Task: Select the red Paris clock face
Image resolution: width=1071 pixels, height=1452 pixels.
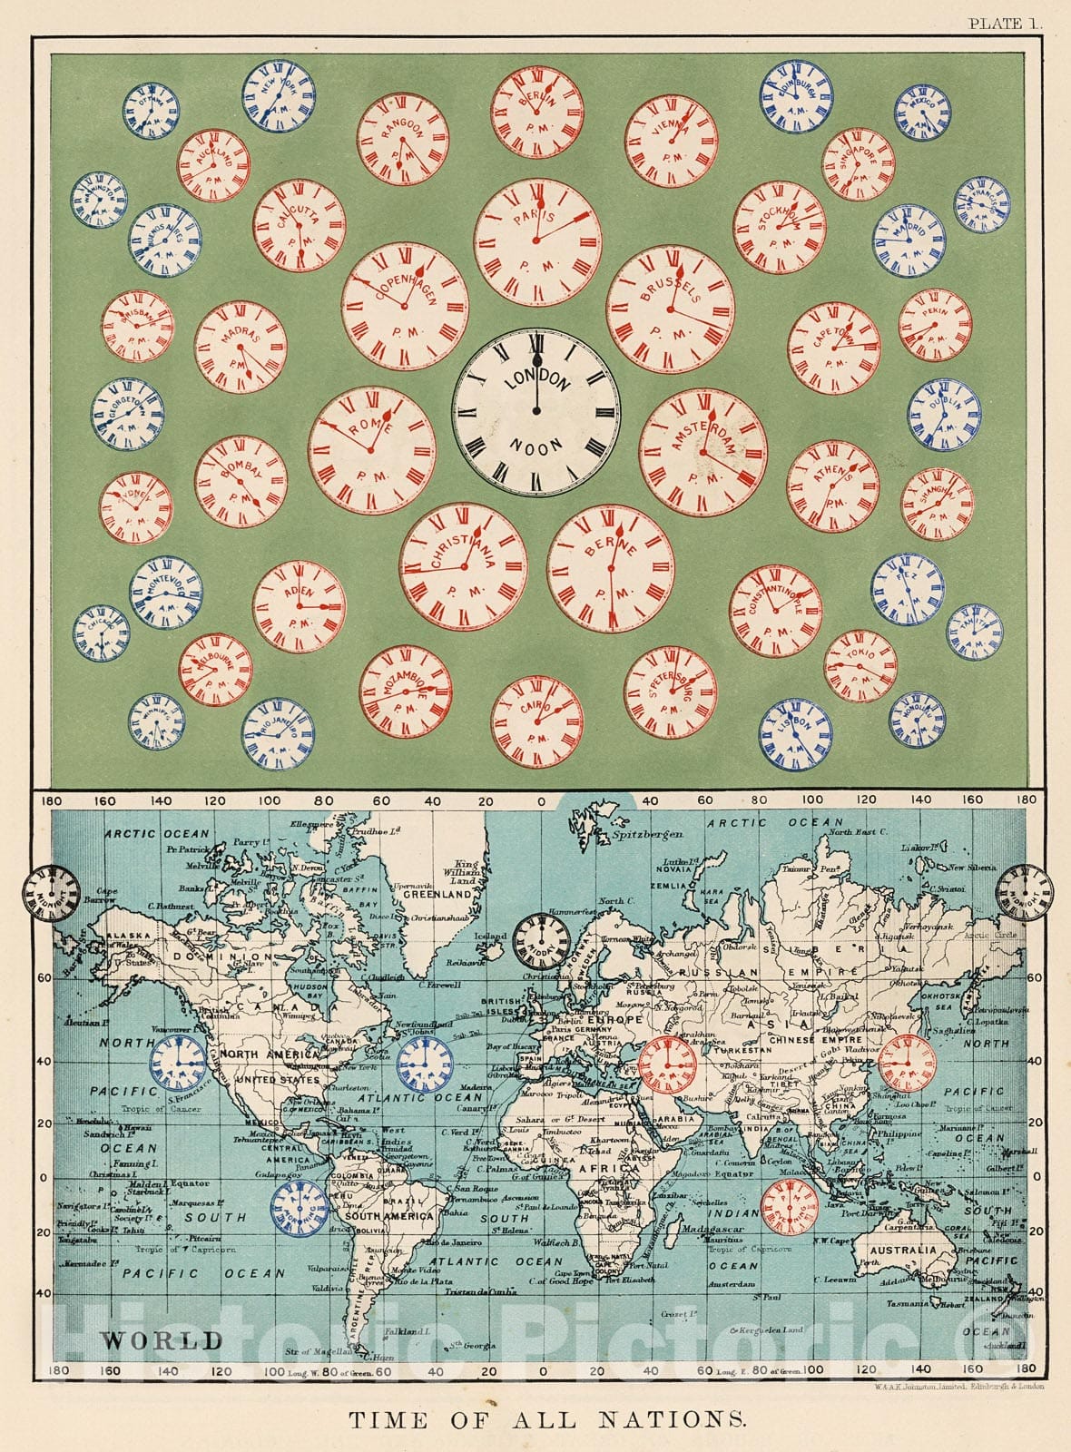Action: [536, 242]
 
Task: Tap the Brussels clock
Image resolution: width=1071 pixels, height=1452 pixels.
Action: [671, 309]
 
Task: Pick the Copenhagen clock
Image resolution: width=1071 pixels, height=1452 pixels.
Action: [405, 306]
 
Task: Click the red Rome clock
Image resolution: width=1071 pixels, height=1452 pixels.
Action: [371, 450]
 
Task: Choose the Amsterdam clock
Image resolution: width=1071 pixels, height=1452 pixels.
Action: [703, 452]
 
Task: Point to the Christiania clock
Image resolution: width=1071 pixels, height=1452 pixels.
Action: [463, 567]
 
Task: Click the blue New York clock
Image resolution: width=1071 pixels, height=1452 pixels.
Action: [279, 96]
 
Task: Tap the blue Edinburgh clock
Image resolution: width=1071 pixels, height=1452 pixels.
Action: [796, 96]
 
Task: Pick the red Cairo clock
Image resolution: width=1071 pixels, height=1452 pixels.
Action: [537, 722]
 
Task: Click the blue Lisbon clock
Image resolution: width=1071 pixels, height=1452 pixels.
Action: [795, 733]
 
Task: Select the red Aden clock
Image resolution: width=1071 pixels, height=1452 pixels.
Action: [299, 606]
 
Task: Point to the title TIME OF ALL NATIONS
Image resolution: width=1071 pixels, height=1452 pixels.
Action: [547, 1419]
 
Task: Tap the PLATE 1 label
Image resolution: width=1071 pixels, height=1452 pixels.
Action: [1005, 25]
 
